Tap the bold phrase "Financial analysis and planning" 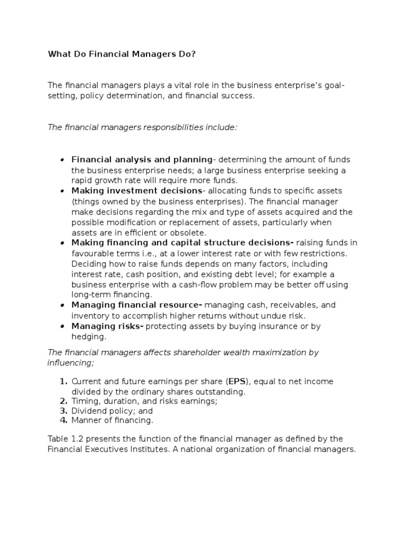point(142,160)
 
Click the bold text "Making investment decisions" point(137,191)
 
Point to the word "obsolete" point(189,232)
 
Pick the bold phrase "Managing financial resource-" point(137,305)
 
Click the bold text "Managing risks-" point(108,327)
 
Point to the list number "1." point(63,381)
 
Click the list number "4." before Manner point(63,421)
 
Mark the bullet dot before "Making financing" point(62,243)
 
